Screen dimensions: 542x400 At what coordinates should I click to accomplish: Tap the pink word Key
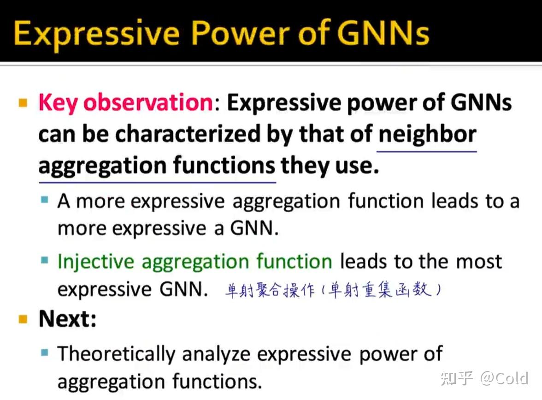tap(58, 103)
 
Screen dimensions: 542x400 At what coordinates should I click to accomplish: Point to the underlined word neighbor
tap(427, 135)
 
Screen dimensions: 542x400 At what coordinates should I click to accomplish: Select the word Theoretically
tap(117, 354)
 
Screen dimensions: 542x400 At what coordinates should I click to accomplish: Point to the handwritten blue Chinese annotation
tap(333, 289)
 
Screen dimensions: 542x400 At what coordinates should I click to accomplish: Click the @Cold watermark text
tap(504, 378)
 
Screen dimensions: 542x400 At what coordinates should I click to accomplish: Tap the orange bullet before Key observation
tap(23, 103)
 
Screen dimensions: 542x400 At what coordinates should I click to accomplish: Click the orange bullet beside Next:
tap(23, 319)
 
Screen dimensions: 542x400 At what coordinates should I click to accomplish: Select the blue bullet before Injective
tap(45, 260)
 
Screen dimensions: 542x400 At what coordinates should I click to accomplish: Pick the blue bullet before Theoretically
tap(45, 352)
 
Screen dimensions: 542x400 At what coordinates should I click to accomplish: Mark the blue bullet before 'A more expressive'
tap(45, 200)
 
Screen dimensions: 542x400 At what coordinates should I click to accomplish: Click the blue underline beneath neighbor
tap(427, 151)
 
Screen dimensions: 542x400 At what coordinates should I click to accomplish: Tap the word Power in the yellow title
tap(240, 33)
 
